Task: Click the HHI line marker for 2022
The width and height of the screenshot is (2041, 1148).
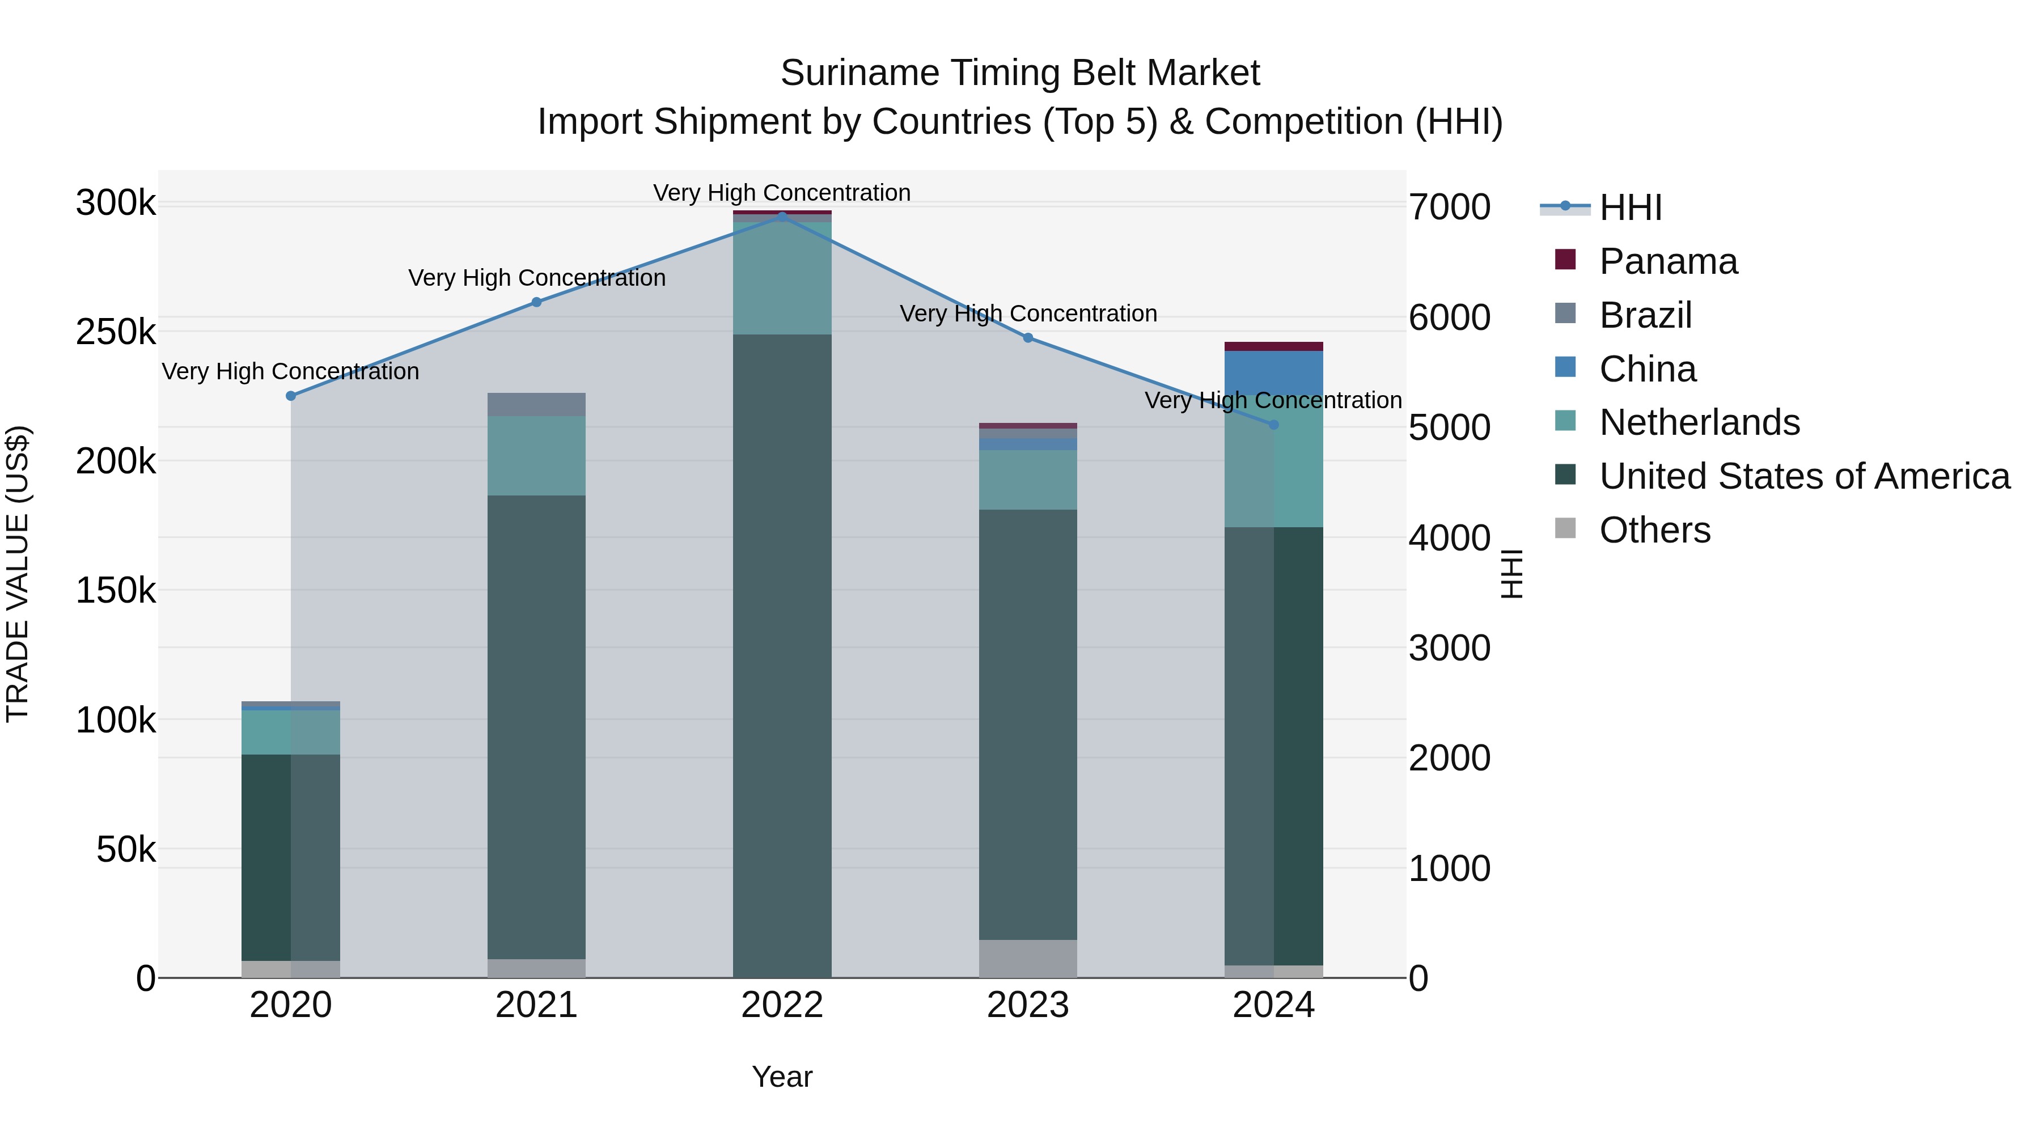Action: coord(782,217)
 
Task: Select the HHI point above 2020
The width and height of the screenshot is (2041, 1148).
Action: coord(291,395)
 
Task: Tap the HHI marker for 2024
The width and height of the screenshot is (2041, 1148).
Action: coord(1274,425)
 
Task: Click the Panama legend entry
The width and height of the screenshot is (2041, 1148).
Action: coord(1668,261)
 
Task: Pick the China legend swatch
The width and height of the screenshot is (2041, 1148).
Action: coord(1565,367)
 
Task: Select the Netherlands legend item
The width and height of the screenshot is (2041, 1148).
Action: coord(1699,422)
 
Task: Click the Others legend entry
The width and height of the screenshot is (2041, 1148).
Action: coord(1654,530)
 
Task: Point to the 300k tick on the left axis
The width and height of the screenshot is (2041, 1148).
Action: coord(116,204)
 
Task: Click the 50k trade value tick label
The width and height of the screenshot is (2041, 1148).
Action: coord(126,850)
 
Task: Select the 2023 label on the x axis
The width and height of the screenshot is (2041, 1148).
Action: coord(1028,1005)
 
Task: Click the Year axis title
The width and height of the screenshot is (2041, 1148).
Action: coord(782,1077)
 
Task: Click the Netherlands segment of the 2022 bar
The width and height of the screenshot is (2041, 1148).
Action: coord(782,277)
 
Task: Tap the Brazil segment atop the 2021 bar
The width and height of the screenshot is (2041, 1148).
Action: coord(536,404)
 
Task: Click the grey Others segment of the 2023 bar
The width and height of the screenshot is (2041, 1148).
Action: coord(1028,959)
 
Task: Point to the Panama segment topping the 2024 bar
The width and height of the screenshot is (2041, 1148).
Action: coord(1274,346)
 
